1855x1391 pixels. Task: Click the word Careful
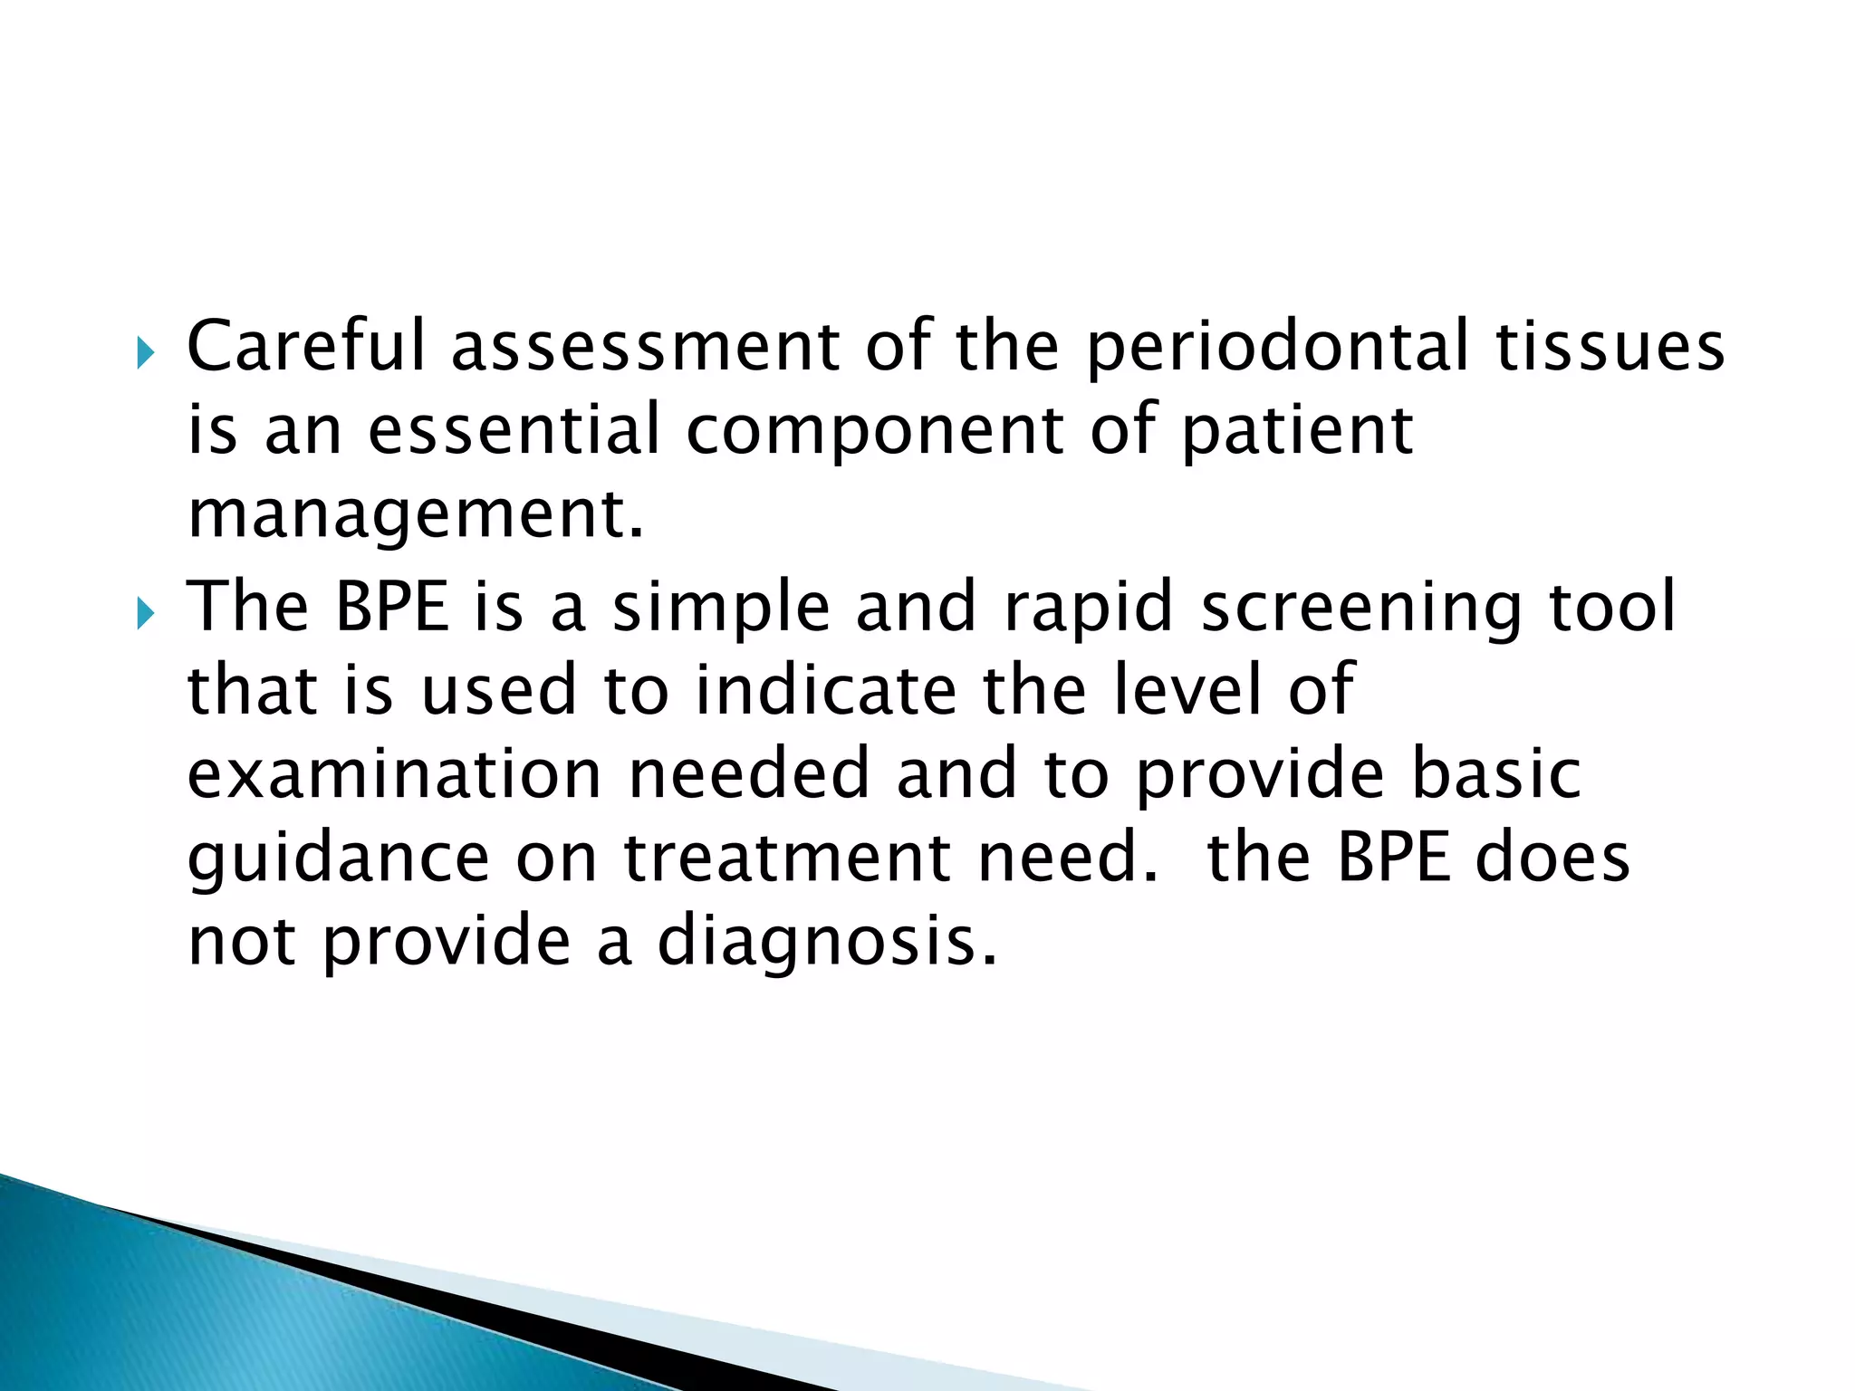click(x=305, y=346)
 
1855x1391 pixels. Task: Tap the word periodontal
click(x=1277, y=348)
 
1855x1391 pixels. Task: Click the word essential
click(x=514, y=430)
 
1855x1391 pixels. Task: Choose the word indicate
click(x=825, y=690)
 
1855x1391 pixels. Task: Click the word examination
click(x=394, y=774)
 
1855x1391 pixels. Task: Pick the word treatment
click(x=786, y=859)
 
